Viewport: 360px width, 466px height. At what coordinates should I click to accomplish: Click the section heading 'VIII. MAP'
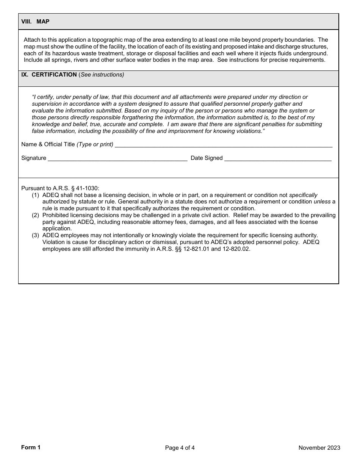(35, 22)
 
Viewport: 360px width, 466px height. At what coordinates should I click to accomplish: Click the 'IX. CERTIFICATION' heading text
(49, 75)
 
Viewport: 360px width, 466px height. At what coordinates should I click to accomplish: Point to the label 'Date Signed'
(207, 158)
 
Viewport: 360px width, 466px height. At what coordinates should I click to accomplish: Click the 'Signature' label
(34, 158)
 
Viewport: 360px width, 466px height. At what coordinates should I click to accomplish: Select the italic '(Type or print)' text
(95, 144)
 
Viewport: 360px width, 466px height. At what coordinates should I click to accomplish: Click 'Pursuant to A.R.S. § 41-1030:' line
(60, 188)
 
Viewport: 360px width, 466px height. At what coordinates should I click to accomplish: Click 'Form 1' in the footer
(31, 447)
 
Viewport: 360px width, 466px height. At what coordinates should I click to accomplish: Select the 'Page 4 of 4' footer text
(180, 448)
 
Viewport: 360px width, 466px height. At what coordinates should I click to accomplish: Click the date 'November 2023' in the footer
(319, 448)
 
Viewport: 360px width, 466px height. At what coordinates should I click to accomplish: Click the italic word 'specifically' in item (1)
(303, 195)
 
